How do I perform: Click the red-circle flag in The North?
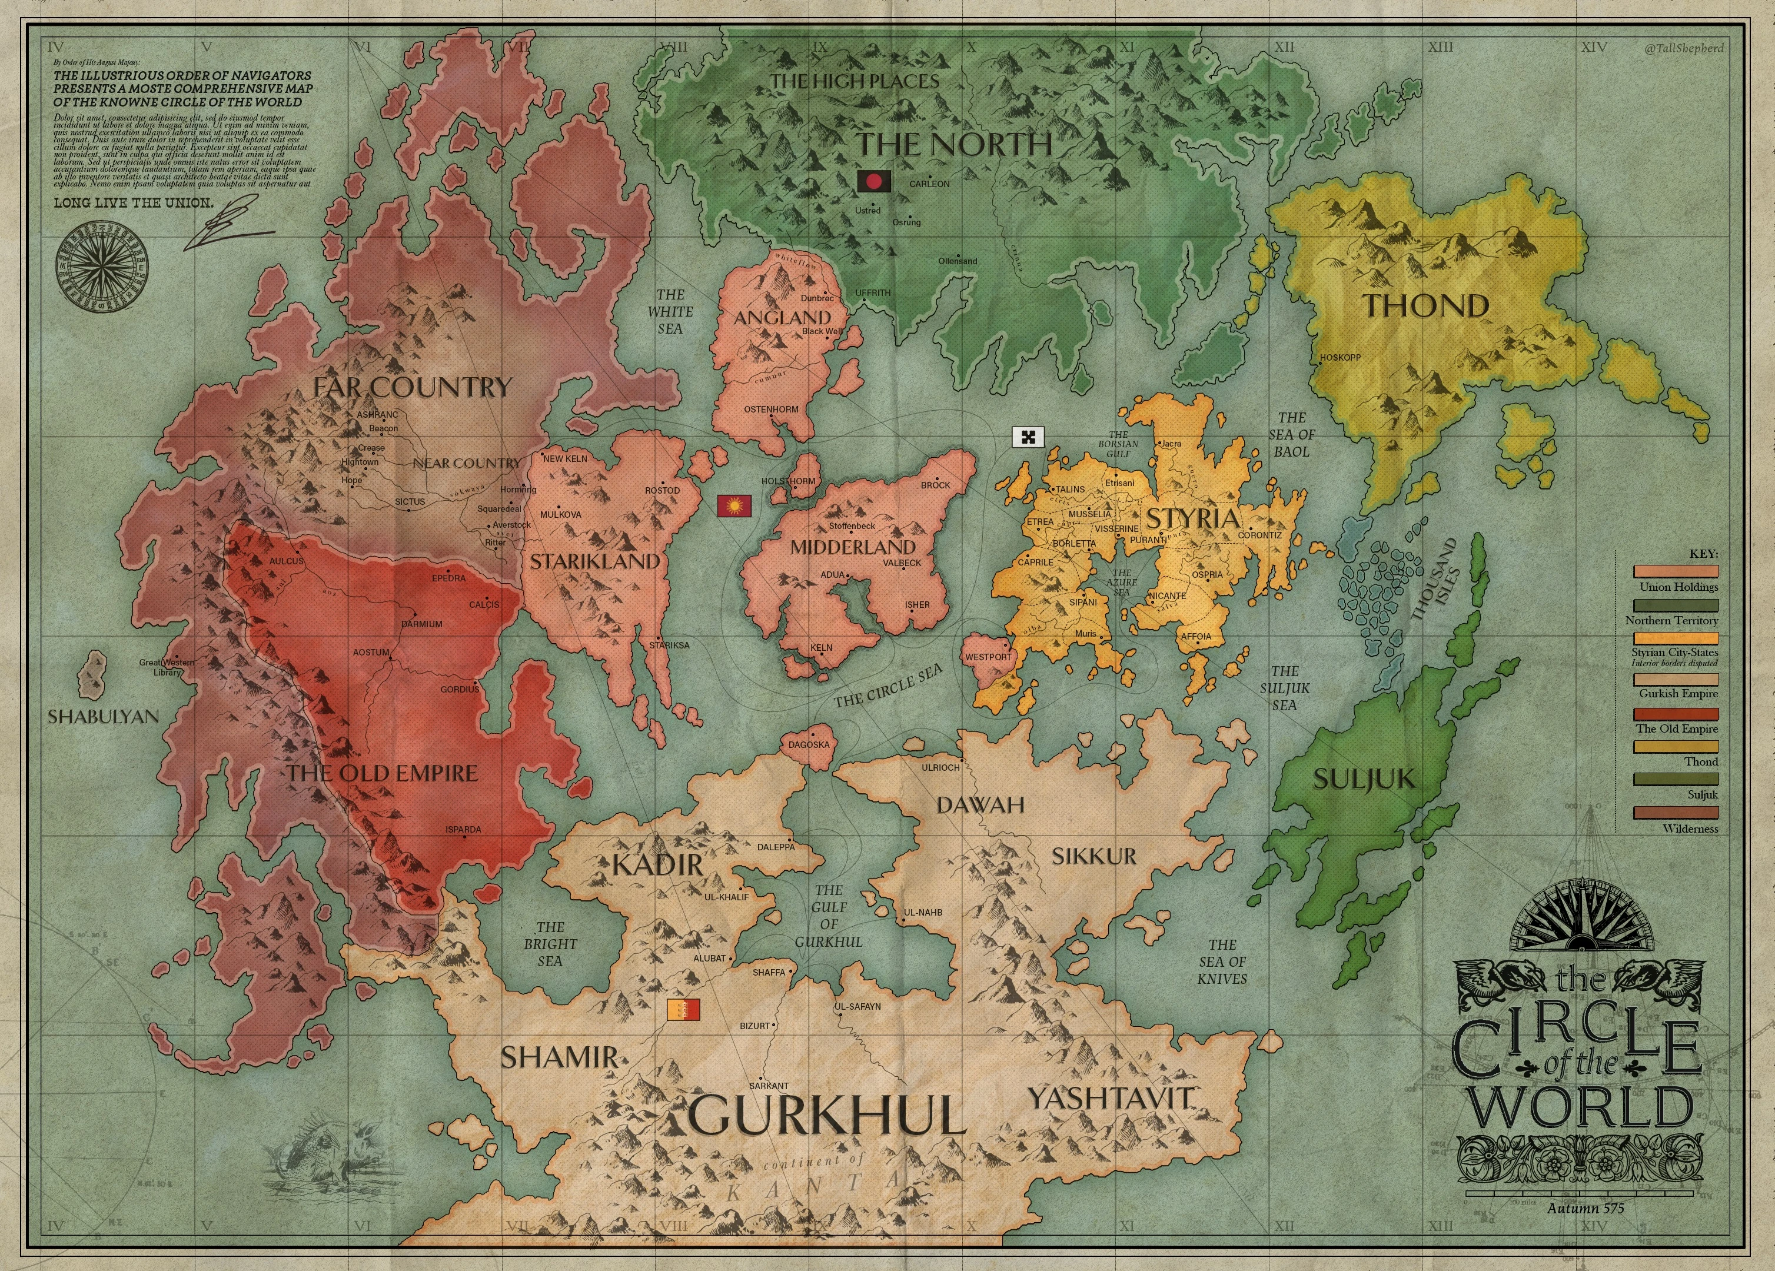(873, 182)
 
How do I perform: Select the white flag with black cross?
(1028, 437)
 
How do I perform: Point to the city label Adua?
(832, 574)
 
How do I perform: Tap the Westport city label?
(988, 657)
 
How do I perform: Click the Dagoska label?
(809, 744)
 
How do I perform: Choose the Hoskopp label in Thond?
(1340, 358)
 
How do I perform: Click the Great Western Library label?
(167, 667)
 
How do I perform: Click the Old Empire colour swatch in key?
(1676, 714)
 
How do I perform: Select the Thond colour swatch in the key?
(1676, 747)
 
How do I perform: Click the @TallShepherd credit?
(1683, 48)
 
